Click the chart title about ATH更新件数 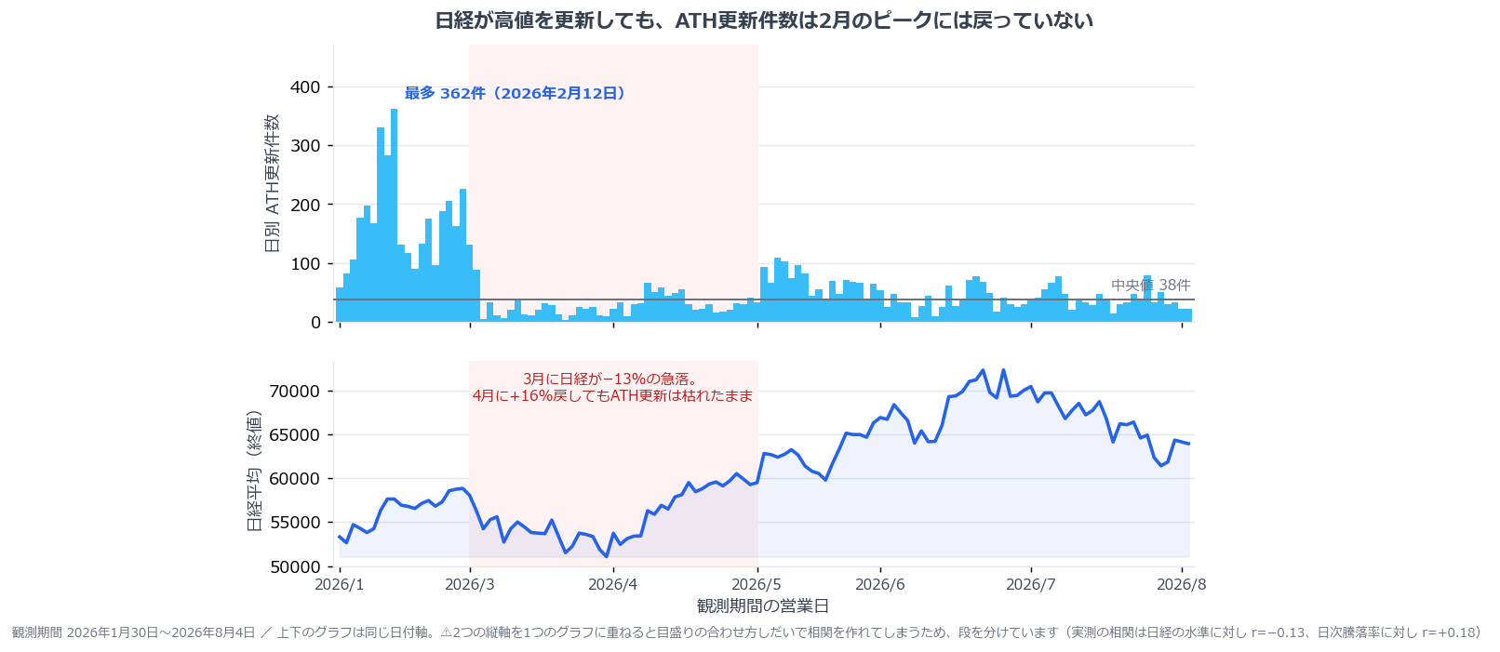763,20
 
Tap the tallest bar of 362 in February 394,216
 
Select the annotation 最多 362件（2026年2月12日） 515,93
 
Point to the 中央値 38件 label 1150,286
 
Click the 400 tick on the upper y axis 305,87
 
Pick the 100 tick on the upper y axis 305,264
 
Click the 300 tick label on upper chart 305,146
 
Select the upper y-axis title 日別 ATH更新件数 272,182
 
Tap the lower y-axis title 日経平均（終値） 254,471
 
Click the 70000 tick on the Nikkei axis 295,391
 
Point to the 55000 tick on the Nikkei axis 295,523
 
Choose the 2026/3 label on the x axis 469,584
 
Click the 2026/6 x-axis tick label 880,584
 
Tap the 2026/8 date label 1181,584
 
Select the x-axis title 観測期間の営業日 763,606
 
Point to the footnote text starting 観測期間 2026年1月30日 746,632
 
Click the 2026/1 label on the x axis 340,584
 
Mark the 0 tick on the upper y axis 316,323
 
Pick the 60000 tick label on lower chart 295,479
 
